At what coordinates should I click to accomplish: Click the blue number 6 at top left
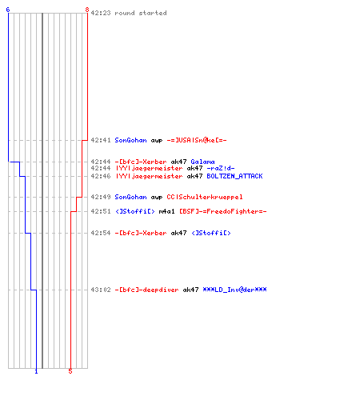tap(8, 10)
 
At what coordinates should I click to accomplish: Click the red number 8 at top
tap(87, 10)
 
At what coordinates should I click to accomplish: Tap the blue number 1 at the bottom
tap(36, 371)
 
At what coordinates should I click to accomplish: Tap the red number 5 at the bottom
tap(70, 371)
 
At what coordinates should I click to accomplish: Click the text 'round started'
tap(141, 13)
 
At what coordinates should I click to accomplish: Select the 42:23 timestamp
tap(101, 13)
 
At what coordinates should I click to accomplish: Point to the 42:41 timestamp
tap(101, 140)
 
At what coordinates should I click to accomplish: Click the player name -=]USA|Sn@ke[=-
tap(197, 140)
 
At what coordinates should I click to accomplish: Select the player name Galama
tap(202, 162)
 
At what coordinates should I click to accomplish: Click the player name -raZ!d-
tap(221, 168)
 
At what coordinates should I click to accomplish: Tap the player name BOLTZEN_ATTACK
tap(234, 176)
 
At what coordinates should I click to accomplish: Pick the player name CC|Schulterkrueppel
tap(205, 197)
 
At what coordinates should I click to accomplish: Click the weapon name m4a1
tap(166, 211)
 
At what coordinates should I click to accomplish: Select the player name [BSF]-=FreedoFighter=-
tap(222, 211)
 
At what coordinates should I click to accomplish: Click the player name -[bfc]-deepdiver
tap(146, 290)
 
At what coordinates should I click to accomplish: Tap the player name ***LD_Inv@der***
tap(234, 290)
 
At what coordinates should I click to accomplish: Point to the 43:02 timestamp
tap(101, 290)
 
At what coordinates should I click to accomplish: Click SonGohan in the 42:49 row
tap(130, 197)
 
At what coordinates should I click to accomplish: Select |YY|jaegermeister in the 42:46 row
tap(149, 176)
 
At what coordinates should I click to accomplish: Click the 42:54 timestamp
tap(101, 233)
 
